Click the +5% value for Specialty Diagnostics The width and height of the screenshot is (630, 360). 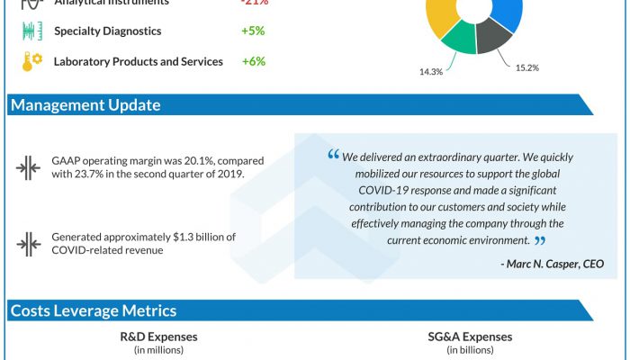coord(252,31)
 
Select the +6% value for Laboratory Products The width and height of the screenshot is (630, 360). coord(252,62)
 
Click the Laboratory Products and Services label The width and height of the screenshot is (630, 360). coord(139,62)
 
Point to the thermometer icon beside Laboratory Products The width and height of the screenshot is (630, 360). coord(31,62)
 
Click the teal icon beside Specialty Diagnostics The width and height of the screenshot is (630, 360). coord(31,31)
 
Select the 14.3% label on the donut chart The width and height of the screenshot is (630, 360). coord(430,72)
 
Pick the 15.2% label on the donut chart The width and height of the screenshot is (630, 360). coord(527,67)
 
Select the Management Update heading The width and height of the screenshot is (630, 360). coord(85,105)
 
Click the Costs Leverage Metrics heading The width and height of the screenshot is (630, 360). coord(94,311)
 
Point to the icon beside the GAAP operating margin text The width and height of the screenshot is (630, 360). coord(28,167)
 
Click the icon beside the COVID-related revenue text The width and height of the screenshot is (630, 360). coord(28,243)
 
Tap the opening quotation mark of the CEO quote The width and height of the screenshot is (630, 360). coord(333,156)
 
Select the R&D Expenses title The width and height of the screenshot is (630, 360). coord(159,337)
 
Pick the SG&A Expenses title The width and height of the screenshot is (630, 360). coord(470,337)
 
